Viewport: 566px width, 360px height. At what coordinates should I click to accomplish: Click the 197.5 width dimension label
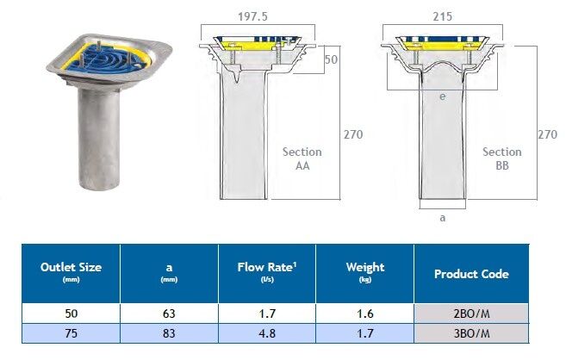tap(252, 16)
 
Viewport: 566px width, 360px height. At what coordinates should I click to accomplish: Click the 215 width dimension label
tap(442, 16)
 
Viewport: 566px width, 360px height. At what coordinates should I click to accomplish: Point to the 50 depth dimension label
tap(331, 59)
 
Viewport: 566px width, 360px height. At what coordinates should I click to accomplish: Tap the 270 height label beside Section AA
tap(353, 134)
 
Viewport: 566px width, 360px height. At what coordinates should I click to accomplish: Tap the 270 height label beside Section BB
tap(547, 134)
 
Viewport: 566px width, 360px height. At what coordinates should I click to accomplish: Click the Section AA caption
tap(302, 158)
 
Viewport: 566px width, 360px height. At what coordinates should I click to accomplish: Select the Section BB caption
tap(502, 158)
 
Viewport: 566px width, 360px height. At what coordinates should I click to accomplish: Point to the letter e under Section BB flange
tap(443, 96)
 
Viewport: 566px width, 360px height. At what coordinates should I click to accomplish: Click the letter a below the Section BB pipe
tap(443, 218)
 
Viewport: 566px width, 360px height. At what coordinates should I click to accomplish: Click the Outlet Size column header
tap(72, 271)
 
